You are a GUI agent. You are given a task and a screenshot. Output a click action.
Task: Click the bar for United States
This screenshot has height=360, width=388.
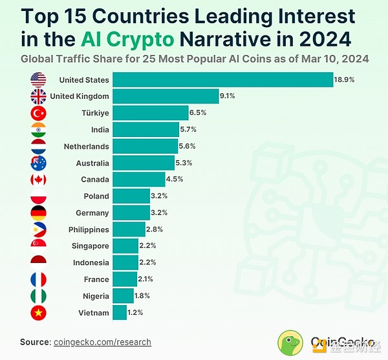[222, 79]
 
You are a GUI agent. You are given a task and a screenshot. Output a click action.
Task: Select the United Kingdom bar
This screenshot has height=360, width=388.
[166, 96]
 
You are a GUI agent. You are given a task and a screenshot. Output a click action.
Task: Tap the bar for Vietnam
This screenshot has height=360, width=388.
[120, 312]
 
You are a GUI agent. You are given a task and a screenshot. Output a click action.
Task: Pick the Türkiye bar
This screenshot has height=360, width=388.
[151, 112]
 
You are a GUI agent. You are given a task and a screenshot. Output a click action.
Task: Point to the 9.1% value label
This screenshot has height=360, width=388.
[227, 96]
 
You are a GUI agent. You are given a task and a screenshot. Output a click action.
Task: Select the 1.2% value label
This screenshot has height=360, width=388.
[135, 312]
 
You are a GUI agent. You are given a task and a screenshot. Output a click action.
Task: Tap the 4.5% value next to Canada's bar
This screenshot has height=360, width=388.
[175, 179]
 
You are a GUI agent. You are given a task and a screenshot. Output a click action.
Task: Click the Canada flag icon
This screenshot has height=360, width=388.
[38, 179]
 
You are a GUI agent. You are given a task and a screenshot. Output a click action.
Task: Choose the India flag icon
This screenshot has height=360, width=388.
[38, 129]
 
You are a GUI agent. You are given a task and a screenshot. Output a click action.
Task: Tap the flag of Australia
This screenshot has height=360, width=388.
[38, 162]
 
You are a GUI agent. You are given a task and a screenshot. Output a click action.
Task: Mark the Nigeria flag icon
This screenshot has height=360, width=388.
[38, 296]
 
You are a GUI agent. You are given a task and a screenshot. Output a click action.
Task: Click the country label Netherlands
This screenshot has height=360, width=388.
[86, 146]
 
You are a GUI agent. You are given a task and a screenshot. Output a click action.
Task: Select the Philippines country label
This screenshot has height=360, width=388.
[89, 229]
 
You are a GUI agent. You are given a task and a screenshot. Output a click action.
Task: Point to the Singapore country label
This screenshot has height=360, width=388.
[90, 246]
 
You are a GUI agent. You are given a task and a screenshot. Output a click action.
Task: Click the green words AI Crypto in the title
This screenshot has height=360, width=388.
[128, 39]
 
